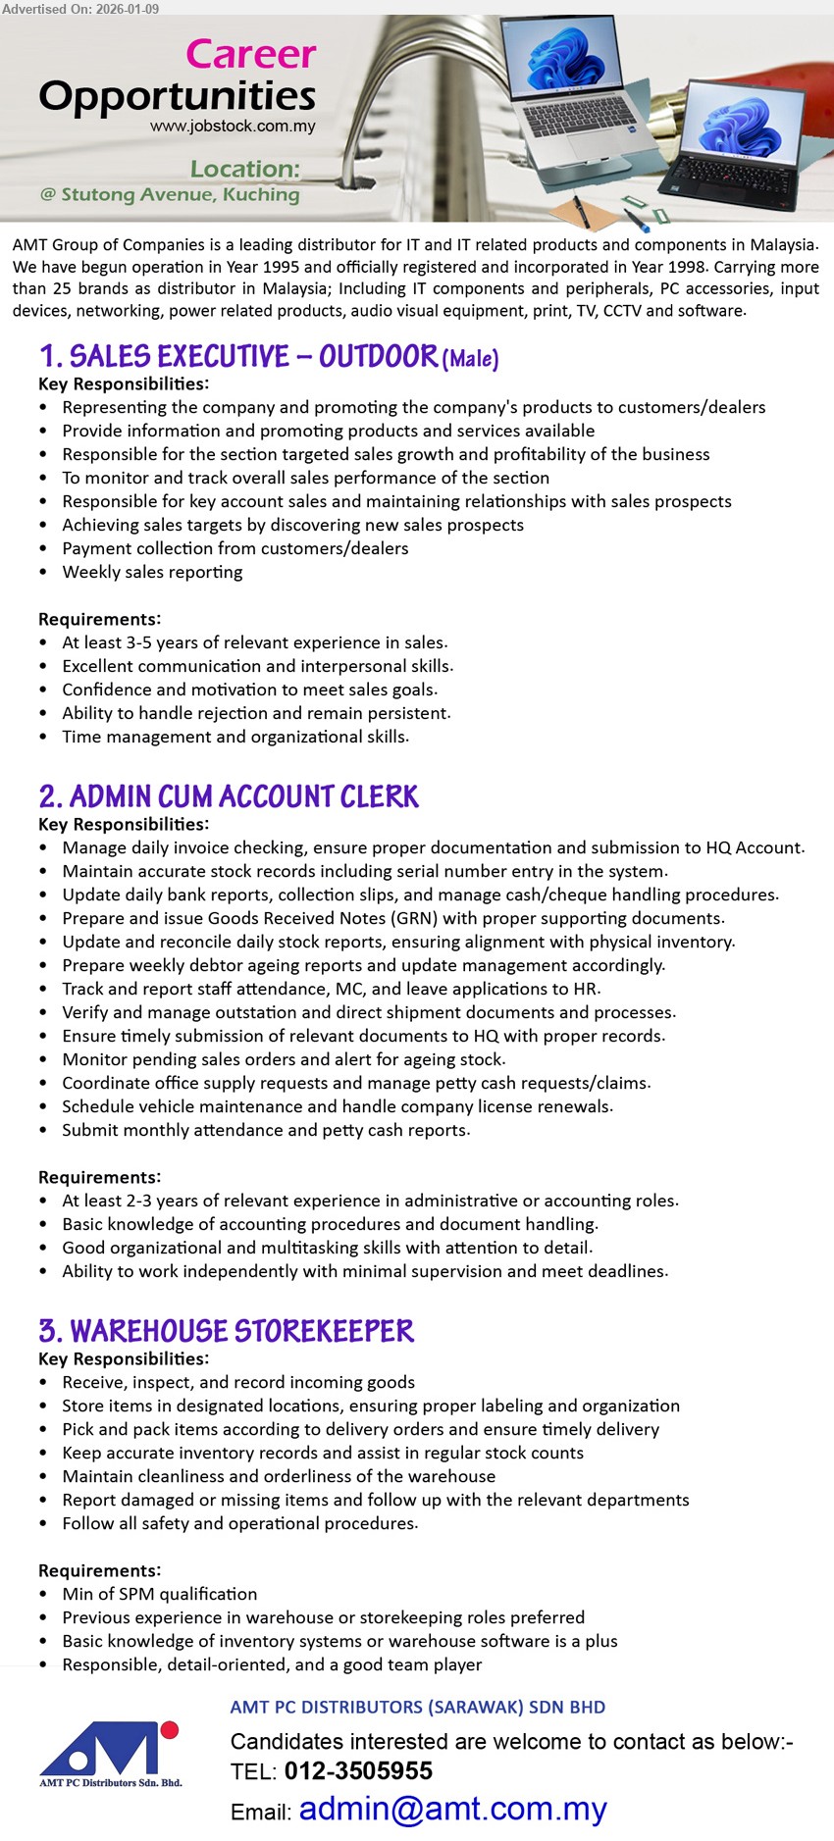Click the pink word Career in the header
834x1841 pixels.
click(x=251, y=54)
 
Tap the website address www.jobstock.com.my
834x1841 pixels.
click(x=233, y=127)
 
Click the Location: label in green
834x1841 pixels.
click(x=244, y=169)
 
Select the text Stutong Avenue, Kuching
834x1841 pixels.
click(x=180, y=194)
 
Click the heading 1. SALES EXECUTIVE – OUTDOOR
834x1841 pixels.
click(x=238, y=356)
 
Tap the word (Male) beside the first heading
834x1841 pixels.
click(x=471, y=359)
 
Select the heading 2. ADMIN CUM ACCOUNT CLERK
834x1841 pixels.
click(x=229, y=796)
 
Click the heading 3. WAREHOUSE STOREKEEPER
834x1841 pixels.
click(x=227, y=1331)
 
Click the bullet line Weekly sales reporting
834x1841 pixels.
click(x=152, y=572)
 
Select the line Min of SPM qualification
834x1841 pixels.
click(x=159, y=1594)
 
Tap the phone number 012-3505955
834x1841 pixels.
click(x=358, y=1770)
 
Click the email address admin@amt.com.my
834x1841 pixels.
click(x=452, y=1809)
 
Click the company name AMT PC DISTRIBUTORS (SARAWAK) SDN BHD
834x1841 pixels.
click(x=417, y=1707)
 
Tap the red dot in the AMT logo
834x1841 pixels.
click(x=169, y=1729)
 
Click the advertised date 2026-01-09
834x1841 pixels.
click(x=128, y=8)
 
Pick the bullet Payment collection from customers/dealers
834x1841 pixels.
click(x=235, y=548)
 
